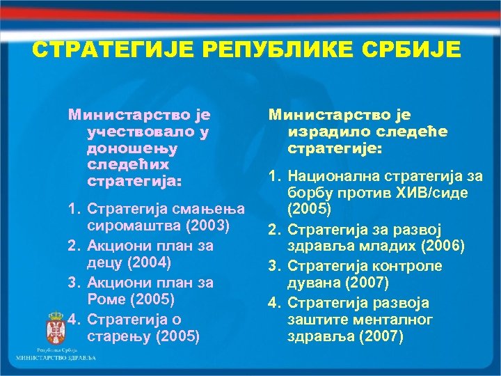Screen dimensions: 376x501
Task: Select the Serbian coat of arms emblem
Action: click(56, 327)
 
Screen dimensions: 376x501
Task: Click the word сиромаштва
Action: click(129, 226)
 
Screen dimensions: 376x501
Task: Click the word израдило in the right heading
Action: click(324, 132)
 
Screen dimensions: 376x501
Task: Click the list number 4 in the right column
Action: click(273, 302)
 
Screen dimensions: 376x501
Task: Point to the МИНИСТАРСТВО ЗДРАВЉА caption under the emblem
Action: click(56, 358)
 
